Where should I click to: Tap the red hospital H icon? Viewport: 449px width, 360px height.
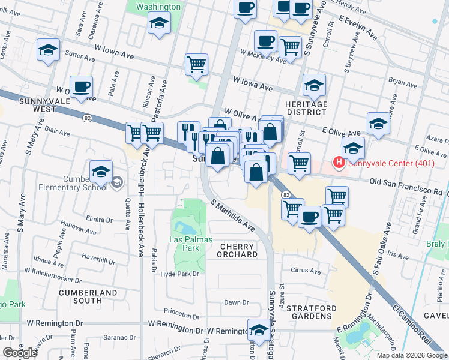click(339, 162)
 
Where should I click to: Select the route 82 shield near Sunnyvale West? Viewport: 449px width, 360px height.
click(88, 117)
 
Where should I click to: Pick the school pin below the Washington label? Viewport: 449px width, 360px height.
click(159, 23)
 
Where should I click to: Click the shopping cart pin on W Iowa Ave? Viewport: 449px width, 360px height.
click(196, 64)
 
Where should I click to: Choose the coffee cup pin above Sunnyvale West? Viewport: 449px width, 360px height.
click(80, 87)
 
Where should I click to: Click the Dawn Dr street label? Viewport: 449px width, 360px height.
click(236, 302)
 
